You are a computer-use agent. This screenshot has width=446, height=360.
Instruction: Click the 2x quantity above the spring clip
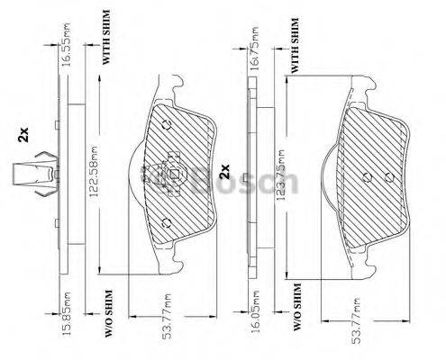(x=24, y=137)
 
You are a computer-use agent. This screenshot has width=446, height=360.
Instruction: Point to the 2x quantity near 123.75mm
(x=225, y=168)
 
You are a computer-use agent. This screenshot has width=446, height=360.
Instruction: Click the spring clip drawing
(x=33, y=175)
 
